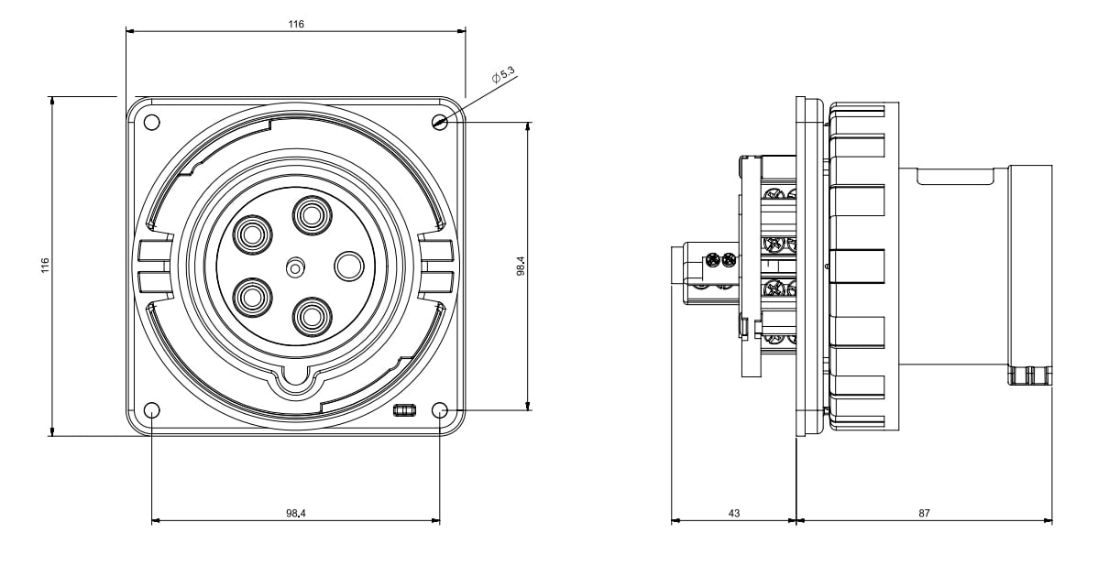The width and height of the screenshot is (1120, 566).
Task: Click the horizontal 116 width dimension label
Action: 296,24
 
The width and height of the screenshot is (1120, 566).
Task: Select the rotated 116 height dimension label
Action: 45,266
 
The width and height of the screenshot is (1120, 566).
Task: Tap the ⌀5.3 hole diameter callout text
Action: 503,76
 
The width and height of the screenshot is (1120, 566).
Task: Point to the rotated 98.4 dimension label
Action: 521,266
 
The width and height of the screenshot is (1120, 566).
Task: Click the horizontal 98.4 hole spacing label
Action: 295,514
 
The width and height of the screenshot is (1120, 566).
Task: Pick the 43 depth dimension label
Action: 734,514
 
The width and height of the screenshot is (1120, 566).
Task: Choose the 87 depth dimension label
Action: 924,514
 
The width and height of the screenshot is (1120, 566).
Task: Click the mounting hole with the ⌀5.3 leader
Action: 440,122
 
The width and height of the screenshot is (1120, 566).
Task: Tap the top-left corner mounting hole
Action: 152,122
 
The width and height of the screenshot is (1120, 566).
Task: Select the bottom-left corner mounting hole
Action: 152,410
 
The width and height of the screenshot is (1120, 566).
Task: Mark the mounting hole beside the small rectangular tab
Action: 440,410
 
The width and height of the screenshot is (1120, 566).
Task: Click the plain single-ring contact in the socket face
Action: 349,267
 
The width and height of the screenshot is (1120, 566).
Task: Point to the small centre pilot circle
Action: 295,267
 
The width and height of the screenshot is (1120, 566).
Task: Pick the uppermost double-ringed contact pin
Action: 312,216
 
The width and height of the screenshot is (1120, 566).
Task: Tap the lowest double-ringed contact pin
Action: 312,316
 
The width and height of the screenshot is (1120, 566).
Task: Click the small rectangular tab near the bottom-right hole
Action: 404,409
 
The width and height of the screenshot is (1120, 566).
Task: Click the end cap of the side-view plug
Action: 1030,275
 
